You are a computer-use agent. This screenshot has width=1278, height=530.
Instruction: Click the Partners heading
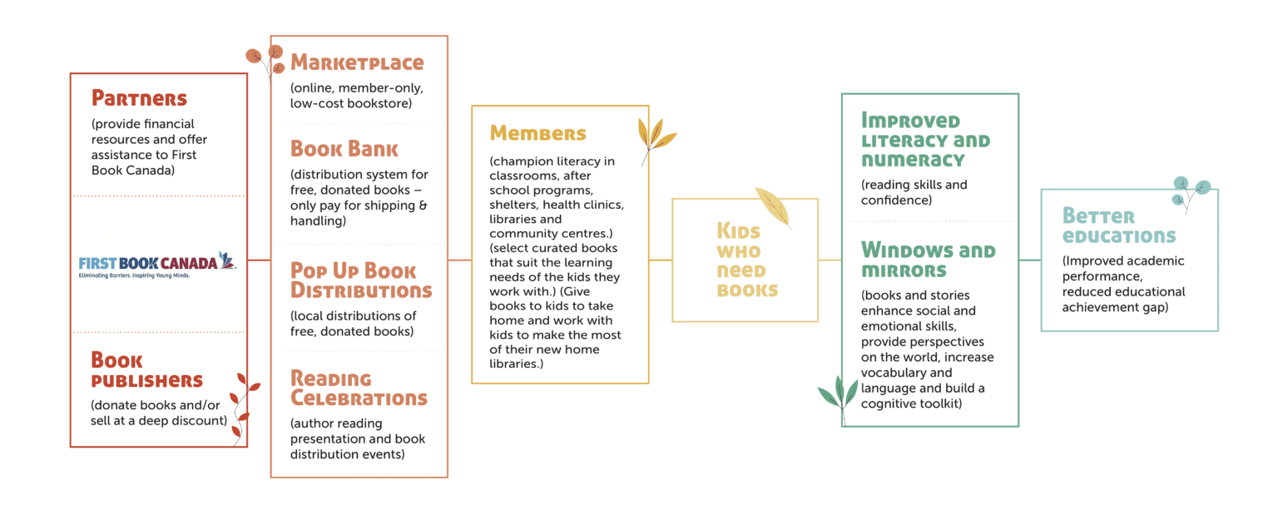139,98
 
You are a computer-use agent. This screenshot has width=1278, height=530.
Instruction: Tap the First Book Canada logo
157,265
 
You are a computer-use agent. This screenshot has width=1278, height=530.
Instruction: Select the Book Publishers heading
146,369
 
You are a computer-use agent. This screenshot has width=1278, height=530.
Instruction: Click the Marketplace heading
357,62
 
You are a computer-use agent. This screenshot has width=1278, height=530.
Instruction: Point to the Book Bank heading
344,149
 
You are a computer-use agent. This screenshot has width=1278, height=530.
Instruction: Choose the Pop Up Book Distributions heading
361,280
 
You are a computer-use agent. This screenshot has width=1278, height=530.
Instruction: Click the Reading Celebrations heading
359,388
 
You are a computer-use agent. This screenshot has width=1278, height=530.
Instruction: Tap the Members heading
537,133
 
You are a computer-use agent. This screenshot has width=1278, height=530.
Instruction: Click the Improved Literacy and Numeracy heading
925,140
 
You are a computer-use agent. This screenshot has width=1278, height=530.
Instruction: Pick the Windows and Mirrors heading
929,260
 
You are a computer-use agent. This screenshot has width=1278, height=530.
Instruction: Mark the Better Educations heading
1119,225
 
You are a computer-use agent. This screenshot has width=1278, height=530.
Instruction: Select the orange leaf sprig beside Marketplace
266,62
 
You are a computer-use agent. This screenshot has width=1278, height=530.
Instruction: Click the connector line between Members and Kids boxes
661,260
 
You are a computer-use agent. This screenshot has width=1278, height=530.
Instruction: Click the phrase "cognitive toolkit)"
911,404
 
